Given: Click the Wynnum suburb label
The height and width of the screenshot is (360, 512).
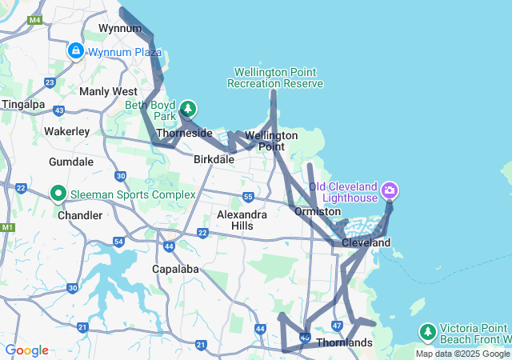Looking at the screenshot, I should [114, 28].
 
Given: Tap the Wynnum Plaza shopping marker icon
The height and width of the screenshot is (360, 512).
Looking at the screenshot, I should [76, 51].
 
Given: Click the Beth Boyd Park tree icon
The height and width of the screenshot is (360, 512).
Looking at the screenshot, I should [187, 107].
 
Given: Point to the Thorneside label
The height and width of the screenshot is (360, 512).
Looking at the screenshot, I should [184, 133].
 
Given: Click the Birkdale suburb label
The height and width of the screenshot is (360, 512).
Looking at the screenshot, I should [214, 159].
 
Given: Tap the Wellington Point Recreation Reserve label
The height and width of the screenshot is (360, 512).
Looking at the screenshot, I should [275, 78].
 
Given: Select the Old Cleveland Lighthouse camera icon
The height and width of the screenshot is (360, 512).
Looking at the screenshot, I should [390, 190].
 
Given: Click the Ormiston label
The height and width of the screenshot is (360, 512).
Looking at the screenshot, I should [312, 211].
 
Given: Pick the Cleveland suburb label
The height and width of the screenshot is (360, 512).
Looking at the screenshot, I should [366, 242].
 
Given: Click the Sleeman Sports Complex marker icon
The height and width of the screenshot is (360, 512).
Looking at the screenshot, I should [58, 194].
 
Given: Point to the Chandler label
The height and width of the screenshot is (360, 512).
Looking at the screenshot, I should [80, 215].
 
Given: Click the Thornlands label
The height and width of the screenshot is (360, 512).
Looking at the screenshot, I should [344, 343].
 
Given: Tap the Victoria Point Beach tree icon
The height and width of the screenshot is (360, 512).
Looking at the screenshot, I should [428, 331].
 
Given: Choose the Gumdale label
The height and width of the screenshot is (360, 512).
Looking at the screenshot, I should [71, 162].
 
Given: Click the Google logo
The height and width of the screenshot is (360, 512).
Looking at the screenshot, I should [26, 350].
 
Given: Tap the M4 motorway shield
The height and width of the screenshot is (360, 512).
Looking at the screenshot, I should [34, 19].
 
